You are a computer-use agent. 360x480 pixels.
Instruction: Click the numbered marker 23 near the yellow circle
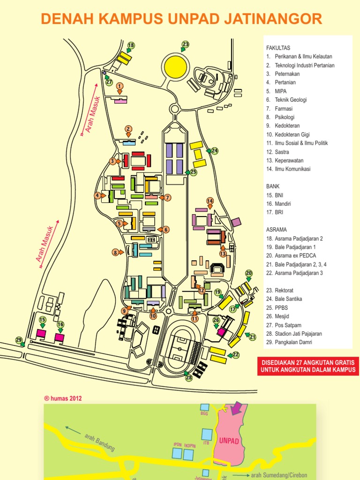[x=185, y=45]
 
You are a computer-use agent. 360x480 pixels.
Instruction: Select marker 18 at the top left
[x=131, y=45]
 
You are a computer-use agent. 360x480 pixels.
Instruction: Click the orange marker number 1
[x=120, y=86]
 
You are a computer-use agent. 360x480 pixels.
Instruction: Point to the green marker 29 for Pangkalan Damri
[x=19, y=340]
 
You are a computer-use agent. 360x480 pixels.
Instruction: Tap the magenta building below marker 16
[x=60, y=337]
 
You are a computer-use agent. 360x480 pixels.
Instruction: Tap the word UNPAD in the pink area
[x=229, y=442]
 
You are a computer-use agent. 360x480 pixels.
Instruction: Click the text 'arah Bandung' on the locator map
[x=99, y=442]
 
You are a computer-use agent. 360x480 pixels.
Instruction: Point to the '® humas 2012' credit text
[x=63, y=399]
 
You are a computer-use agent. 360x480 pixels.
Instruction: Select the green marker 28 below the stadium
[x=189, y=377]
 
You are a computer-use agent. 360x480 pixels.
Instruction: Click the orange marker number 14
[x=210, y=201]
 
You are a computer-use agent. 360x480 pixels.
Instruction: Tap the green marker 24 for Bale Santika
[x=215, y=150]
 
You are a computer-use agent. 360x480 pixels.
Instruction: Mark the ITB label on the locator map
[x=206, y=442]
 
